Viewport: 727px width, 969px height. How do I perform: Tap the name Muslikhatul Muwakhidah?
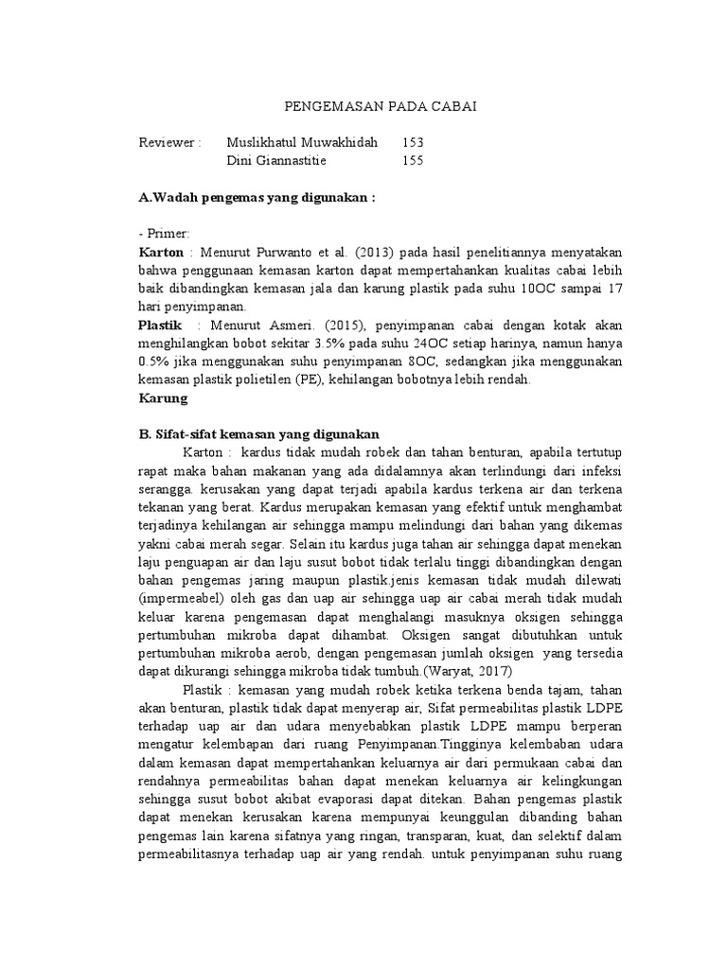point(302,142)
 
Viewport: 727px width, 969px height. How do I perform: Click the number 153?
point(413,142)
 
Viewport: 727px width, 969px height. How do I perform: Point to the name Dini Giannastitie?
point(276,160)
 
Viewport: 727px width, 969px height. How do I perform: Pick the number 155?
point(413,160)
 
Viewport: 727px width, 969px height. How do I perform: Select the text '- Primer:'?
point(165,235)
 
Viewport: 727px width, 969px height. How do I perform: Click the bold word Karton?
point(161,253)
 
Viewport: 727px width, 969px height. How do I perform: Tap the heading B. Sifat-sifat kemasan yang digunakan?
point(259,433)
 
